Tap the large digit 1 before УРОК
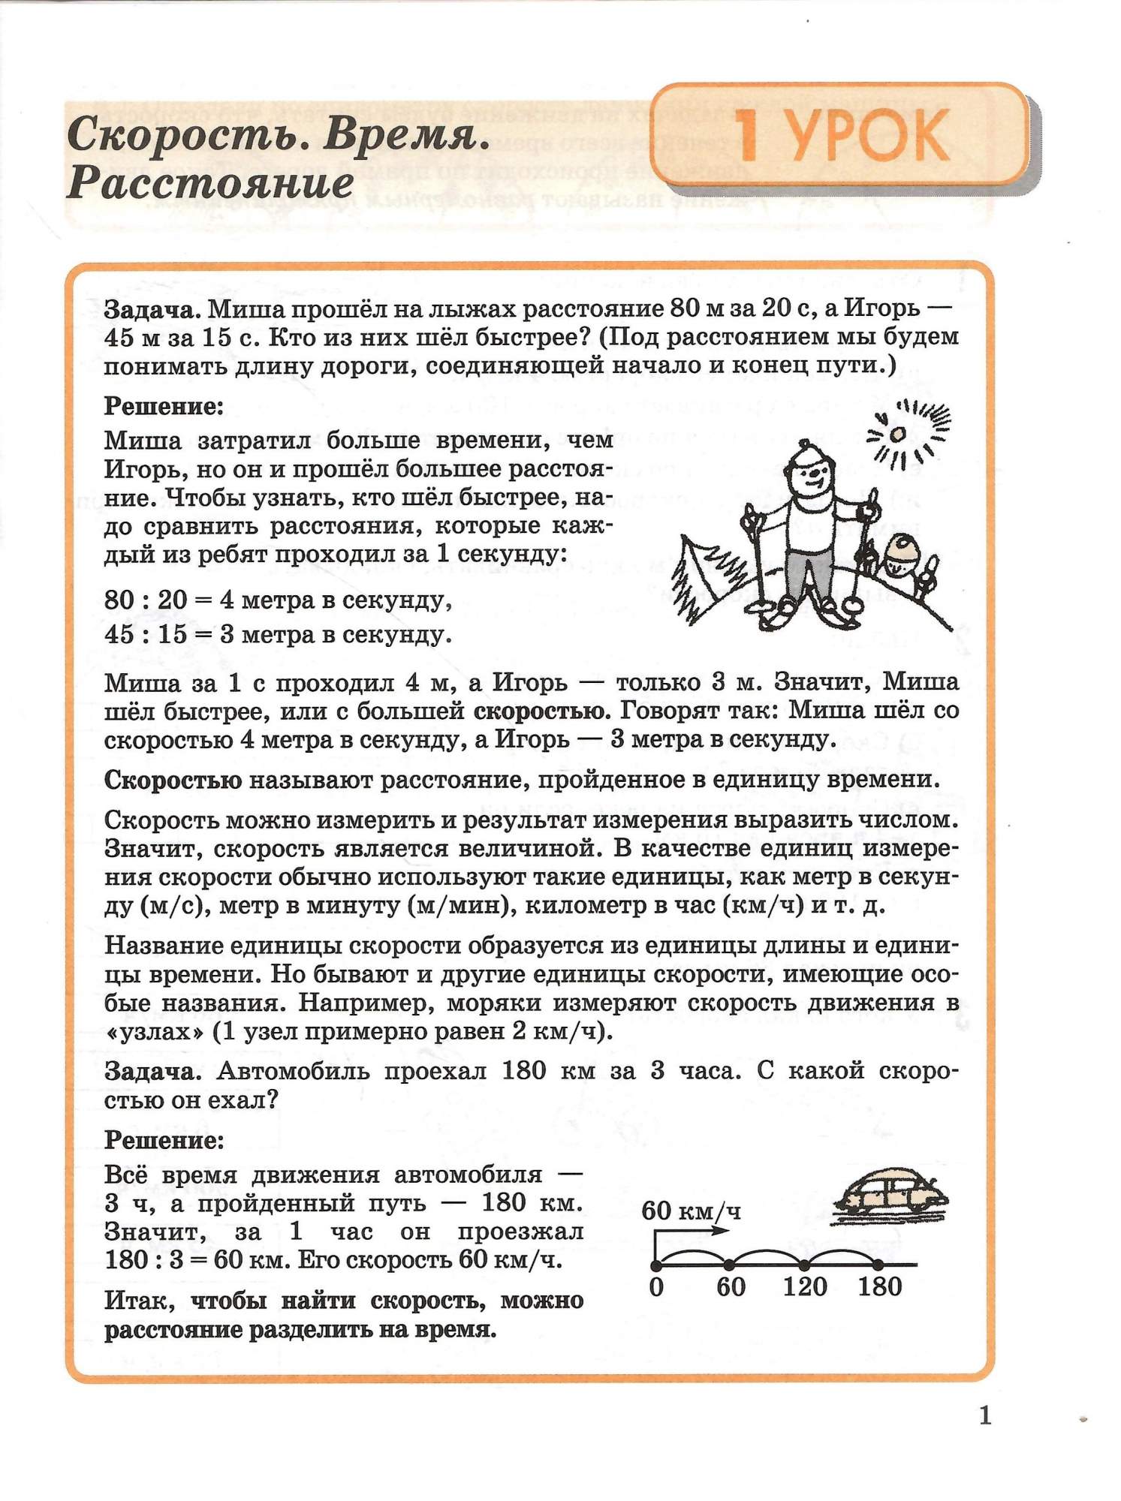click(746, 136)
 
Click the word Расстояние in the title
click(210, 182)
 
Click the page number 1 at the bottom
click(986, 1415)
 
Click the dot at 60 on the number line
click(728, 1265)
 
